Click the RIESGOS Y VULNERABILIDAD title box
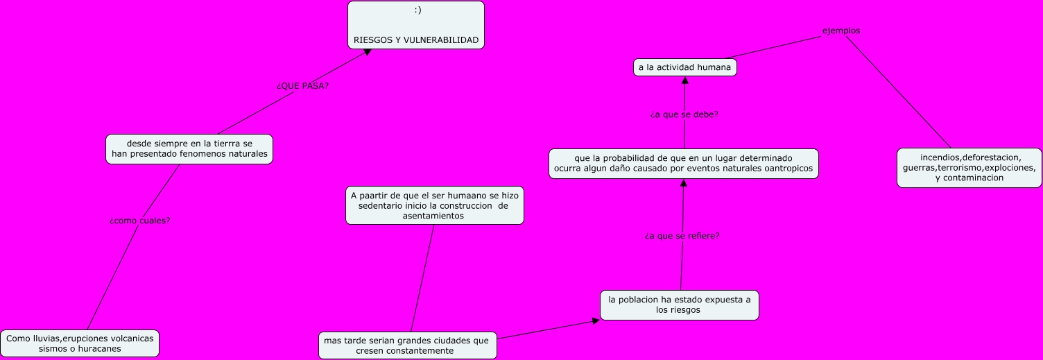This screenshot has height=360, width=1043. click(x=415, y=25)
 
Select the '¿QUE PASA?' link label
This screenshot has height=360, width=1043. click(x=302, y=86)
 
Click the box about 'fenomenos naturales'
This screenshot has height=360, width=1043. click(x=189, y=148)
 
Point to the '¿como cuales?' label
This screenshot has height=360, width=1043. click(x=140, y=221)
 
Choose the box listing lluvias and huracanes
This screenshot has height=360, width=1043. click(x=80, y=343)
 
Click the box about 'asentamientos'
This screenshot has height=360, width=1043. click(x=434, y=205)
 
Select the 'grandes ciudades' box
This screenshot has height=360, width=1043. click(x=407, y=345)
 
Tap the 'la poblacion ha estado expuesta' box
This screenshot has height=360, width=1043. click(x=679, y=305)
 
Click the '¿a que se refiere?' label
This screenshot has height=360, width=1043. click(x=682, y=236)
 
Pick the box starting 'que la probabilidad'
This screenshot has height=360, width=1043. click(x=683, y=164)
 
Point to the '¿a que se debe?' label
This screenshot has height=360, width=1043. click(x=684, y=114)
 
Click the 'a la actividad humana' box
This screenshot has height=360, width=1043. click(x=684, y=67)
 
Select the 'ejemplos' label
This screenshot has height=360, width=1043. click(x=841, y=31)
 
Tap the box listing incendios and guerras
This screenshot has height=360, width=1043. click(x=969, y=168)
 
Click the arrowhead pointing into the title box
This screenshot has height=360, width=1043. click(x=368, y=53)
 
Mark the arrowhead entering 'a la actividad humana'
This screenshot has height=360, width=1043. click(x=685, y=80)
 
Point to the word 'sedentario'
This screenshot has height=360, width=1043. click(x=382, y=206)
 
